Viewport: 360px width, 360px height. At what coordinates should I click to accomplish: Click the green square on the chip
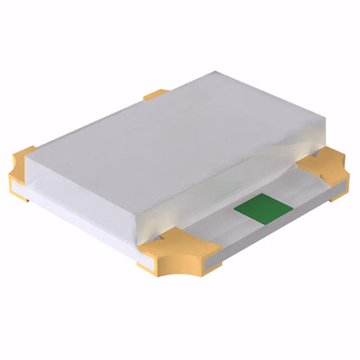(x=263, y=209)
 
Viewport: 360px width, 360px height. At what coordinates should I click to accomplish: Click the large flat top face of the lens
(x=169, y=141)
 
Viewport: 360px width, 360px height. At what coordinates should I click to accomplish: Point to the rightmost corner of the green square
(x=292, y=205)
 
